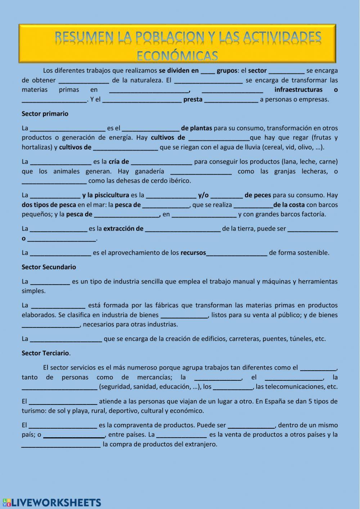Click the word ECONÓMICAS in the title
pos(177,55)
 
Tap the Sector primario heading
pos(45,114)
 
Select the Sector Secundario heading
pos(49,267)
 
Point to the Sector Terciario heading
pos(45,353)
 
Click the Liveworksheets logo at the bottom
pos(52,503)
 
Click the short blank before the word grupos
pos(207,71)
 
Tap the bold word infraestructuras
pos(298,90)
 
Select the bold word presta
pos(193,99)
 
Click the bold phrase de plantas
pos(197,128)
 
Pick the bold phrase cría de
pos(119,162)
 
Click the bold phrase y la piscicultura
pos(105,195)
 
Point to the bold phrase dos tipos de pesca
pos(49,205)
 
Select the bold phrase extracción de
pos(123,229)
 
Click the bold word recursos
pos(193,253)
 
